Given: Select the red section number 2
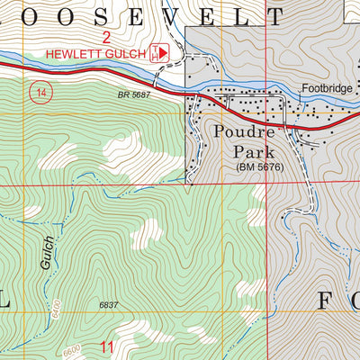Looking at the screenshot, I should tap(106, 37).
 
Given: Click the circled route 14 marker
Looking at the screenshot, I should tap(38, 92).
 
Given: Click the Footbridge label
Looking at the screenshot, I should tap(326, 88).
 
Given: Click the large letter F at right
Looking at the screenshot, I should tap(328, 301).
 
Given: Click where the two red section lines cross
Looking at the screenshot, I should tap(267, 184).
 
